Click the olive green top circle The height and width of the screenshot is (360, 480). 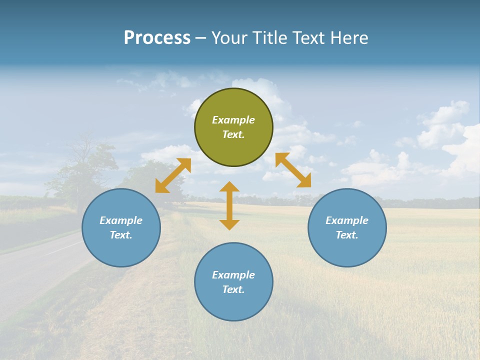tap(233, 127)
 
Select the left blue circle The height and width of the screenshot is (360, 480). tap(121, 228)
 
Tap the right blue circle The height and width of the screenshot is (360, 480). tap(347, 228)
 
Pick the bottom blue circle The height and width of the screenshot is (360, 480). tap(233, 282)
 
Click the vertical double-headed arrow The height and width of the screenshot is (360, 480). tap(229, 205)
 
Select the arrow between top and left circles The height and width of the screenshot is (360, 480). tap(173, 175)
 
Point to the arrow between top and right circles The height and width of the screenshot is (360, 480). tap(293, 170)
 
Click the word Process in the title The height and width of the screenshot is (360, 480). tap(157, 38)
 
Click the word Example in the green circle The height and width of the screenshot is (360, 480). tap(233, 120)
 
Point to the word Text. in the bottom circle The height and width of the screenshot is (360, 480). tap(233, 289)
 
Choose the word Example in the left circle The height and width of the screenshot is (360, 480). tap(121, 220)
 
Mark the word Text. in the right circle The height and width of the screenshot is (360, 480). tap(347, 235)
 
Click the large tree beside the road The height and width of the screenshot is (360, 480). tap(82, 167)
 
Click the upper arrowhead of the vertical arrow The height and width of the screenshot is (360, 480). tap(229, 187)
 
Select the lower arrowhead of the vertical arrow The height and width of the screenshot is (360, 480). tap(229, 224)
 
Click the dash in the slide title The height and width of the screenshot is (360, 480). tap(200, 38)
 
